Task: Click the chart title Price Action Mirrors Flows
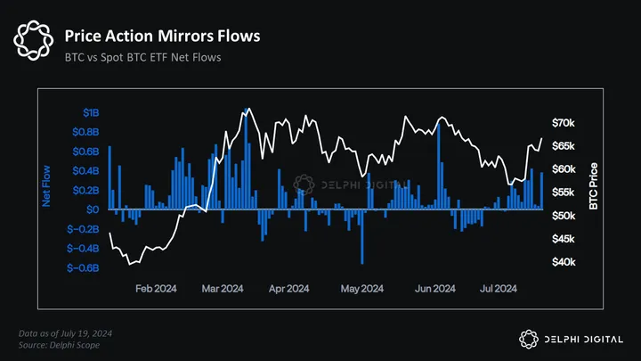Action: click(162, 37)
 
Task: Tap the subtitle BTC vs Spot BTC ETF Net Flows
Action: click(142, 58)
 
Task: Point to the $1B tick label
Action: click(91, 113)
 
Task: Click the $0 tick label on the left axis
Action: click(93, 209)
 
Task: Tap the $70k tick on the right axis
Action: click(564, 122)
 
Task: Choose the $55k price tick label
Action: click(564, 193)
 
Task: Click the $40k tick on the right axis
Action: click(564, 262)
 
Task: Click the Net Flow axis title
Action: click(46, 186)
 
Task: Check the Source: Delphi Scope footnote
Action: click(59, 343)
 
